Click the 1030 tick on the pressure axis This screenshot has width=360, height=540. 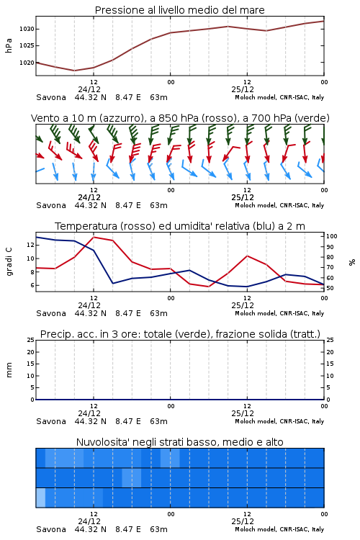[27, 29]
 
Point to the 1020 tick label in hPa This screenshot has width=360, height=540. [27, 63]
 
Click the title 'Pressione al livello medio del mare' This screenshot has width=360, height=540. [180, 10]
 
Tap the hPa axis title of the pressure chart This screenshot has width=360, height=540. [9, 45]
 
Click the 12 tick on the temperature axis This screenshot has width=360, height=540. [30, 245]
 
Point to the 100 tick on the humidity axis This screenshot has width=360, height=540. [332, 236]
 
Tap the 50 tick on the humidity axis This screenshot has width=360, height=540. [330, 288]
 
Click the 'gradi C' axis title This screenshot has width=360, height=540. [9, 261]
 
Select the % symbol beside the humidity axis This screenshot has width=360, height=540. [352, 262]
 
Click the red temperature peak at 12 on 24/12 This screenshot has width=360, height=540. [94, 237]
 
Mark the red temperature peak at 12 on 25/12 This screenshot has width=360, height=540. [247, 256]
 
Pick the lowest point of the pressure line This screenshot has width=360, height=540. [74, 71]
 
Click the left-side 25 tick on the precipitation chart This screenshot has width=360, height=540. [30, 340]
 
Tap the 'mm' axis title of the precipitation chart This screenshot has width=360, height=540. [9, 370]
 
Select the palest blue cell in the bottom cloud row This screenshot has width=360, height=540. [40, 498]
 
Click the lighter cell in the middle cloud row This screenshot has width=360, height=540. [132, 477]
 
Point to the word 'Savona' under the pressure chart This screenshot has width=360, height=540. [51, 97]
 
